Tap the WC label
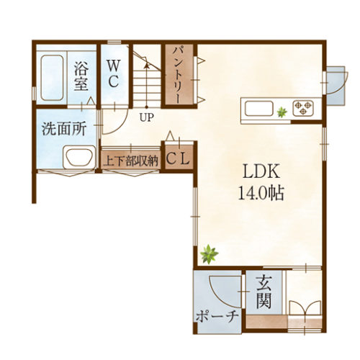[x=114, y=73]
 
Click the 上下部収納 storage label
[x=130, y=161]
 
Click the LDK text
[x=260, y=172]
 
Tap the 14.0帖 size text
[x=260, y=192]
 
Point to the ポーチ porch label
[x=217, y=317]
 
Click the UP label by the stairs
[x=147, y=117]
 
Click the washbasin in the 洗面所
[x=77, y=157]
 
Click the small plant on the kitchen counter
[x=282, y=111]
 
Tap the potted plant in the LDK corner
[x=210, y=253]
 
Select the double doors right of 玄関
[x=306, y=308]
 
